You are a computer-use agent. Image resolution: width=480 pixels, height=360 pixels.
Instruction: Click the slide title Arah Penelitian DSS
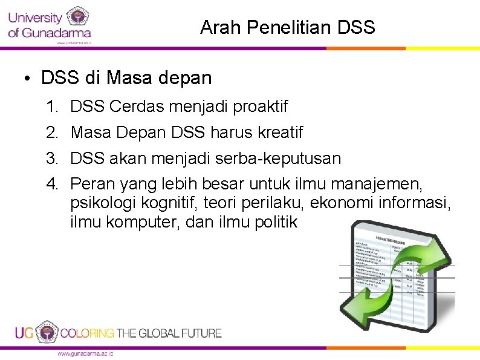click(287, 27)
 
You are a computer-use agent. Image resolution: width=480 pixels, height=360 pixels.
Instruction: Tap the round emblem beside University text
click(77, 17)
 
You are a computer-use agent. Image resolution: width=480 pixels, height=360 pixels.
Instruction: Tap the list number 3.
click(51, 159)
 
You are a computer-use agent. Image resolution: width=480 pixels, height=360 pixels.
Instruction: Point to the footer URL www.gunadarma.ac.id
click(85, 353)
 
